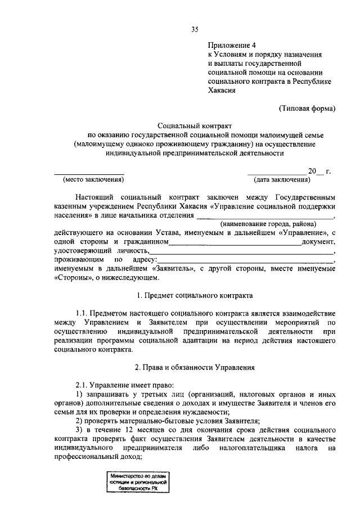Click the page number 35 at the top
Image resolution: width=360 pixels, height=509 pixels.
pyautogui.click(x=195, y=29)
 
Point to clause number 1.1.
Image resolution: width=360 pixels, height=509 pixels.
pyautogui.click(x=83, y=313)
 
